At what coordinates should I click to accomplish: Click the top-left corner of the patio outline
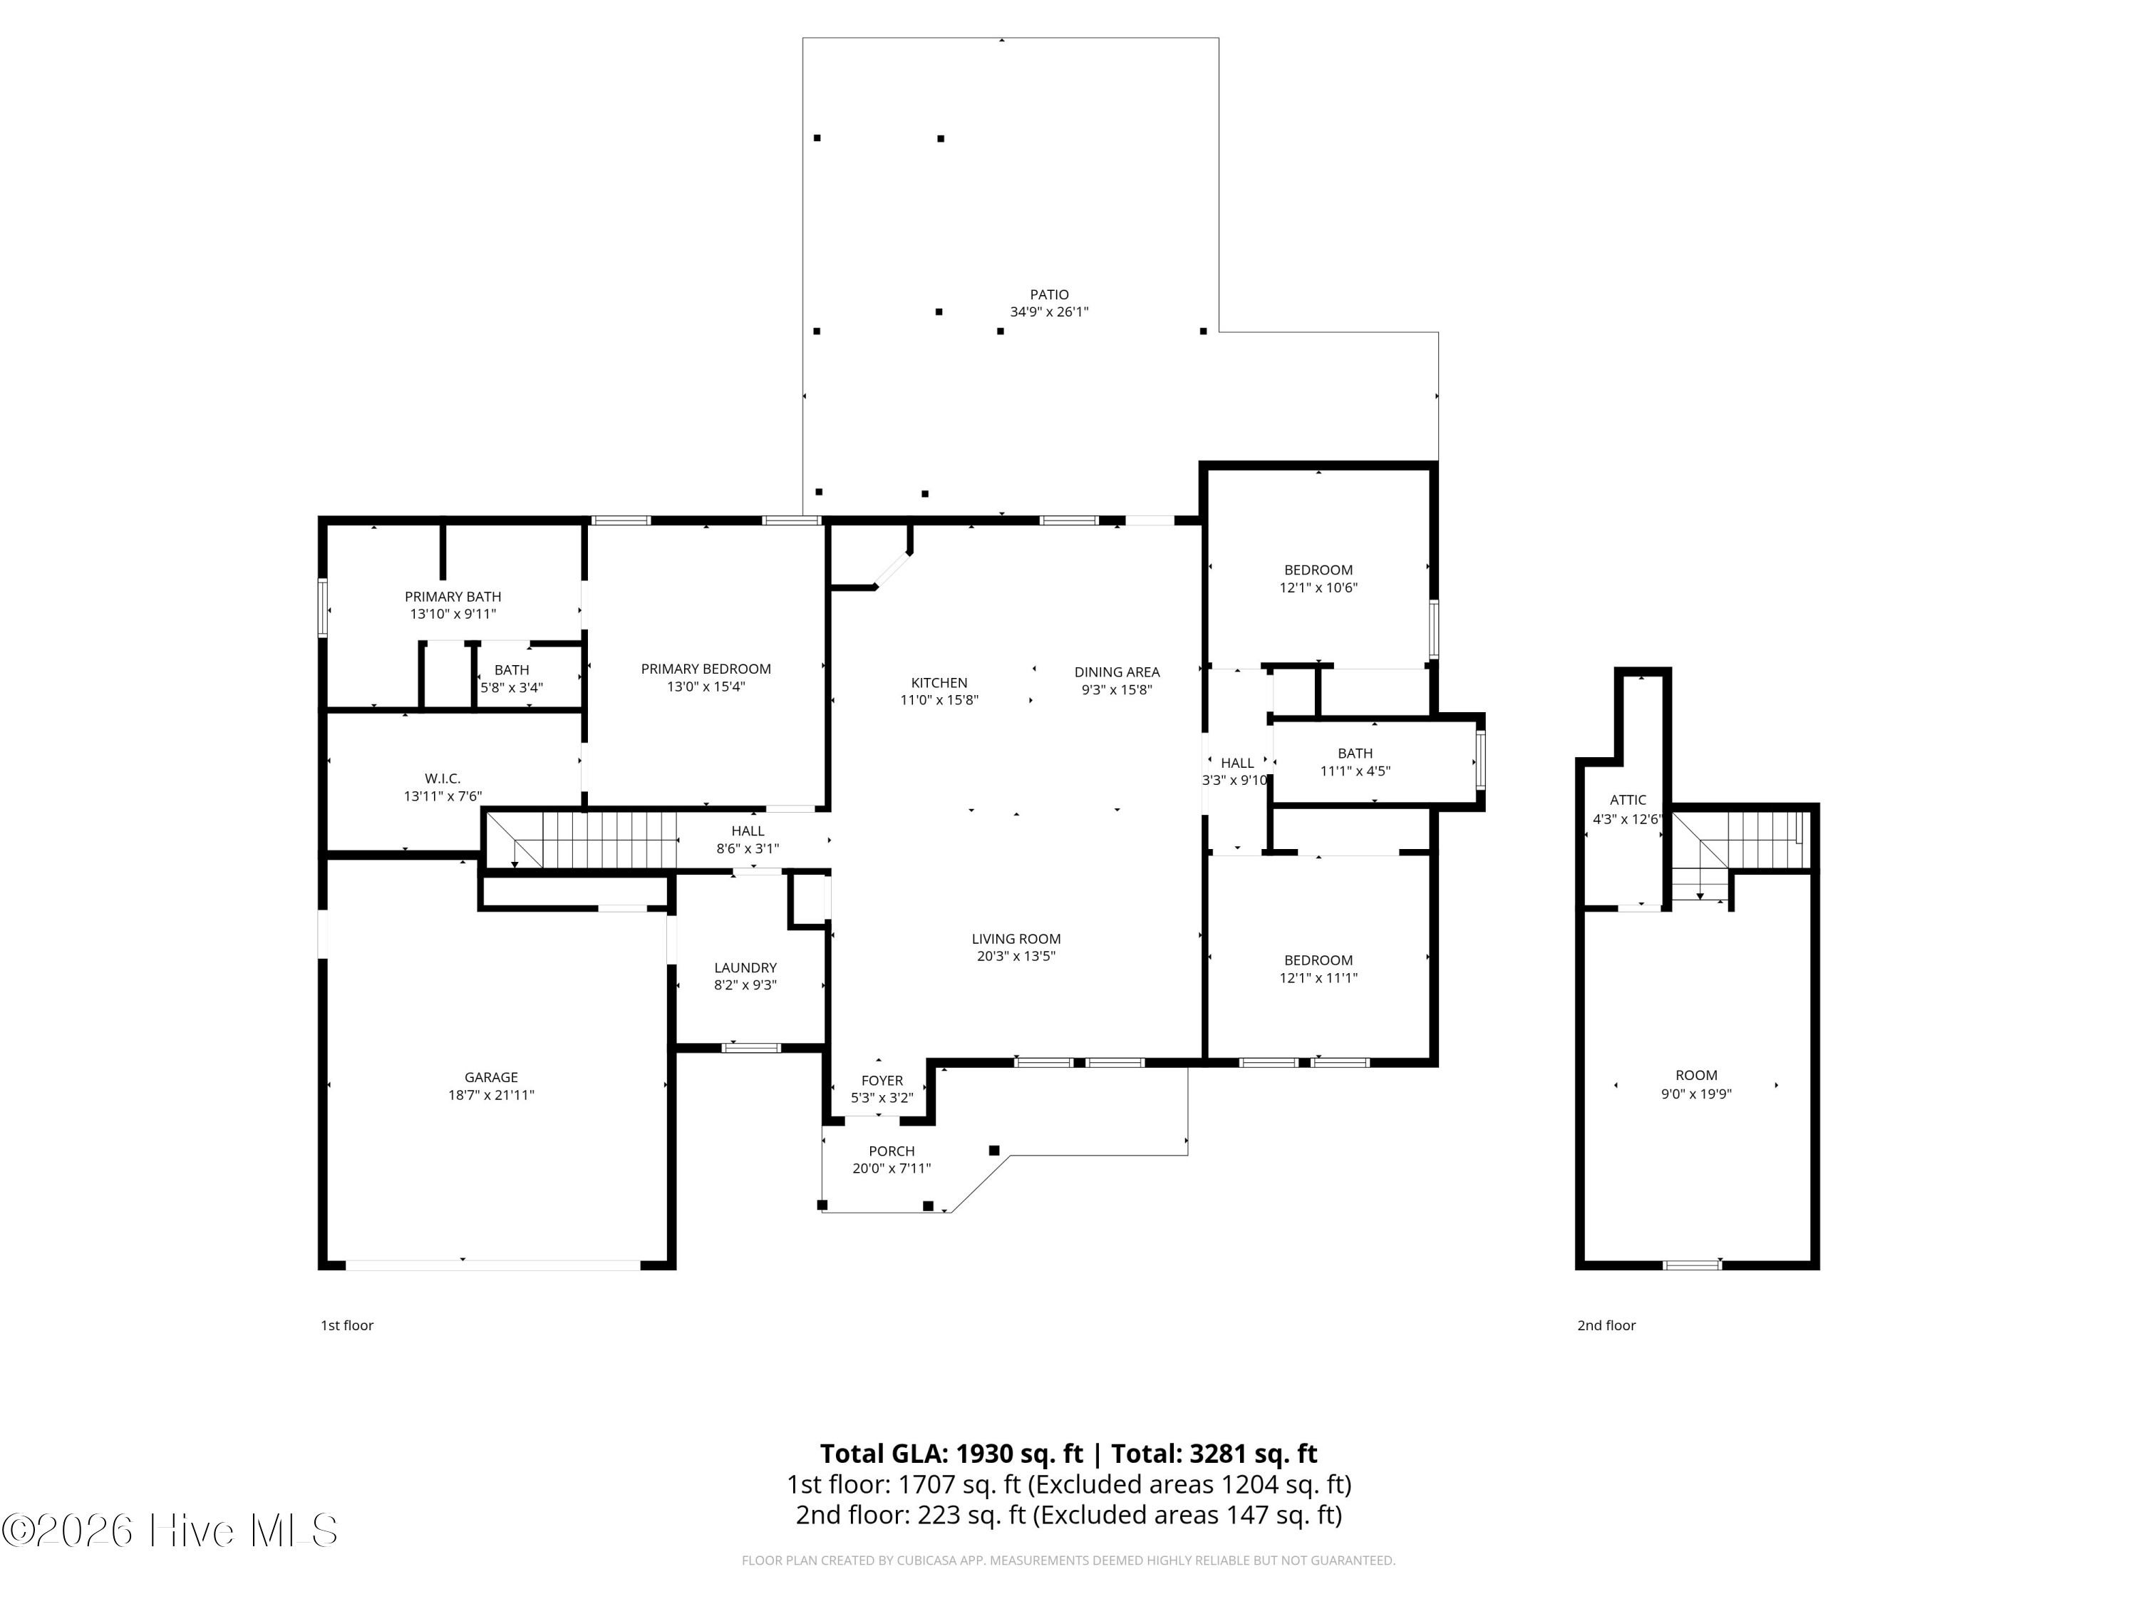[x=803, y=38]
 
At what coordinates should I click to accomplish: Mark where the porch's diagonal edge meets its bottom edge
[x=952, y=1213]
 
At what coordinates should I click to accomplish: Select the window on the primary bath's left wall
[x=323, y=608]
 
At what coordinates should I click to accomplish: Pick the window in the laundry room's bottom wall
[x=752, y=1047]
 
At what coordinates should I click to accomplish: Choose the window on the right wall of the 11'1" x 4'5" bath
[x=1479, y=762]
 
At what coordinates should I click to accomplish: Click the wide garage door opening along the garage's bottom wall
[x=493, y=1265]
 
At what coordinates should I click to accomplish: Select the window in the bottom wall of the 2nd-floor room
[x=1693, y=1265]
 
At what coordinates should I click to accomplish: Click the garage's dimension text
[x=491, y=1096]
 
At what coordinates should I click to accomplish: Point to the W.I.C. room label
[x=443, y=778]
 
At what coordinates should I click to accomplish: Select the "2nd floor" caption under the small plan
[x=1606, y=1325]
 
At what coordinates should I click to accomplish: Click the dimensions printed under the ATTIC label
[x=1628, y=819]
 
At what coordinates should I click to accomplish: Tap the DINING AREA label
[x=1117, y=672]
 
